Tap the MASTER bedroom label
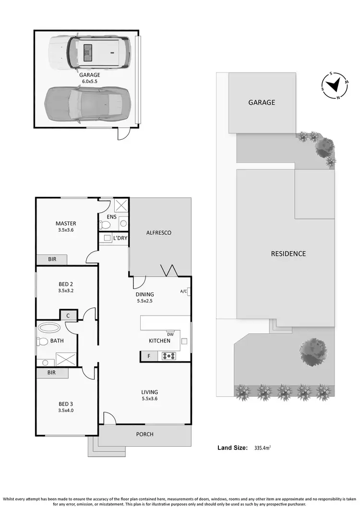point(66,223)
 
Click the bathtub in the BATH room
point(49,328)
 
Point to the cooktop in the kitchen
point(169,356)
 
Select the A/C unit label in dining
point(183,291)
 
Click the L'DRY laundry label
point(120,238)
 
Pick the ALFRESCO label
point(158,233)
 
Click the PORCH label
point(145,434)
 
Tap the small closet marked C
point(68,315)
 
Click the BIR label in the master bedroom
point(52,259)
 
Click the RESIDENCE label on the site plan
point(288,254)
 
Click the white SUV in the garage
point(89,51)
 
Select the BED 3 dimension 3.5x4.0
point(66,411)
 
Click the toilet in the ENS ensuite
point(106,224)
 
